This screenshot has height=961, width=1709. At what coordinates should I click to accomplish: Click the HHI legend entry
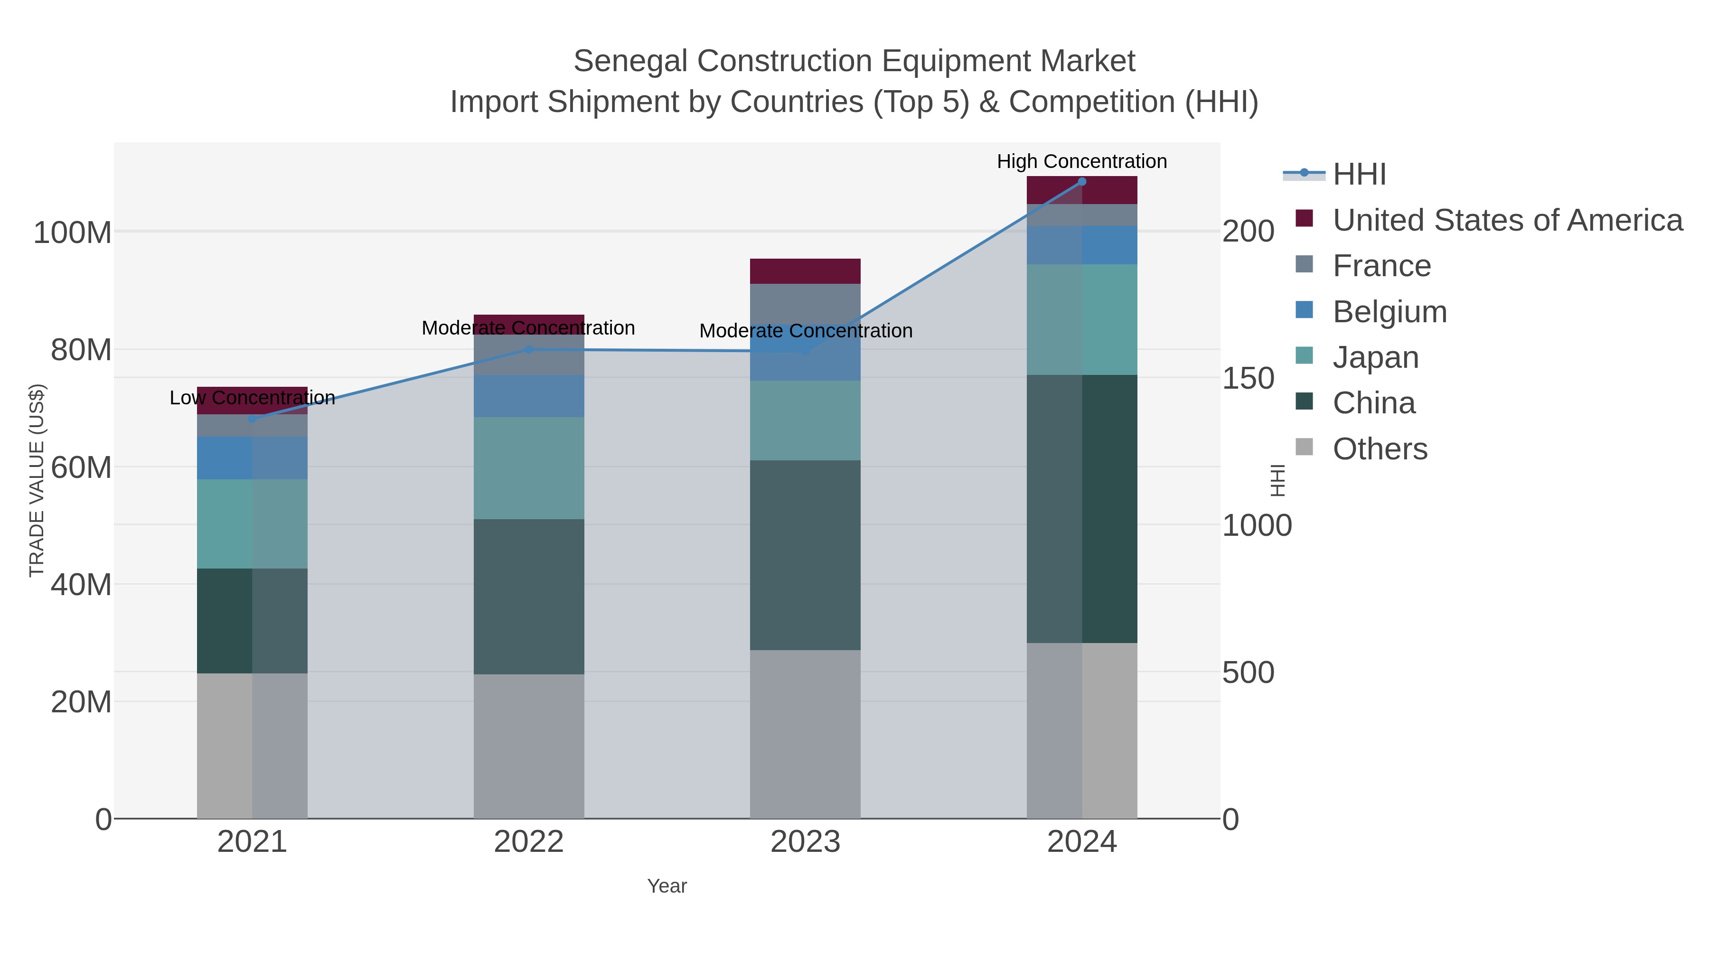coord(1359,175)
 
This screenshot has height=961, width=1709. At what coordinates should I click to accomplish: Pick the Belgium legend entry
coord(1389,312)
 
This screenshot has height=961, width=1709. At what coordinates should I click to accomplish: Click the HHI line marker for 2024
coord(1082,182)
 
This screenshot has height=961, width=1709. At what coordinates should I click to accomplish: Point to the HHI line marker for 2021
coord(252,419)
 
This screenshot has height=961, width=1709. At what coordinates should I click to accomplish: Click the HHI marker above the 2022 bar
coord(529,349)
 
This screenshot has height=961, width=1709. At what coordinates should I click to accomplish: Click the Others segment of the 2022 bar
coord(529,746)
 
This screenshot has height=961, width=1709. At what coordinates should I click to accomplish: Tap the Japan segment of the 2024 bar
coord(1082,320)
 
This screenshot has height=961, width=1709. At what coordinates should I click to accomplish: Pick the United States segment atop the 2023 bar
coord(806,271)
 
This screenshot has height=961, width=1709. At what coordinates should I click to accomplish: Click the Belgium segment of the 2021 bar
coord(252,457)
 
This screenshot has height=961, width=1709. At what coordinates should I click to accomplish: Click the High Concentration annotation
coord(1081,162)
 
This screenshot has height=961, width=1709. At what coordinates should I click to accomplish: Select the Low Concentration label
coord(252,398)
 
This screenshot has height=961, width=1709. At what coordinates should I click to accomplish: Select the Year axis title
coord(667,886)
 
